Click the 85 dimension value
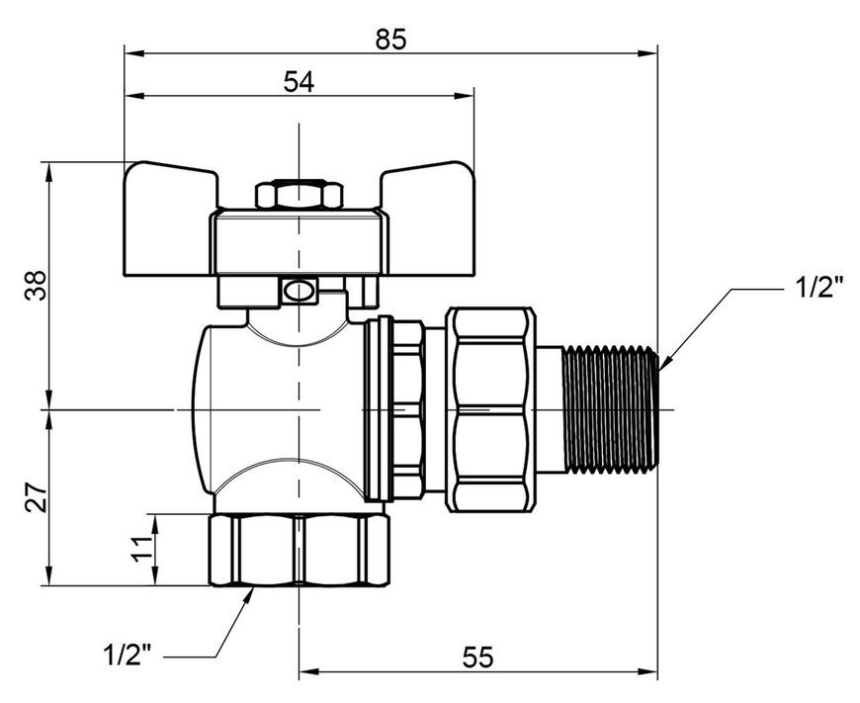[391, 41]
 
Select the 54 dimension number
[299, 83]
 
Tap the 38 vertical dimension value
[37, 286]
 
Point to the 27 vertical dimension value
[37, 497]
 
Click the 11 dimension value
[142, 550]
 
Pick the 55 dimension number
[478, 657]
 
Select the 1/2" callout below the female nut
[128, 655]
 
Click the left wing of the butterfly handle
[170, 220]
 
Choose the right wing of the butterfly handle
[429, 220]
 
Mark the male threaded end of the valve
[611, 409]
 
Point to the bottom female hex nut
[299, 550]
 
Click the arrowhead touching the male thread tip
[665, 361]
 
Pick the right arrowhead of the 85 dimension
[647, 53]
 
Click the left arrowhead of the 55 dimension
[309, 670]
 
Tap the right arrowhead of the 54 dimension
[464, 96]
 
